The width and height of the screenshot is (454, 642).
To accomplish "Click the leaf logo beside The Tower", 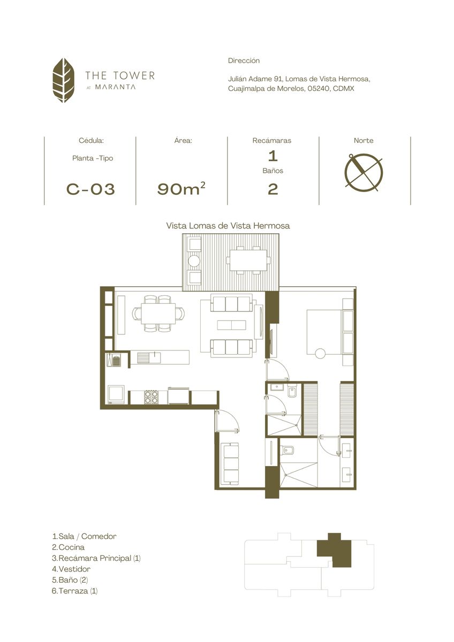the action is [x=63, y=80].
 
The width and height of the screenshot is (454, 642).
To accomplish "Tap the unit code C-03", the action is [x=90, y=189].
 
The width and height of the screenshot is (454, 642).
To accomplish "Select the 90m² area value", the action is [x=181, y=188].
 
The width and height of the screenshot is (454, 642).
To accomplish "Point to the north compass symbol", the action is [x=364, y=172].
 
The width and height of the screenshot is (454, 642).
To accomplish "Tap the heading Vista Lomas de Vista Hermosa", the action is [x=228, y=226].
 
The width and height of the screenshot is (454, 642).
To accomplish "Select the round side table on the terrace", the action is [x=194, y=261].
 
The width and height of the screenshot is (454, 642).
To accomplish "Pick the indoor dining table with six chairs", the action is [x=158, y=314].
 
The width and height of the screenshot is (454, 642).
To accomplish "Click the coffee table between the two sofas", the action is [x=231, y=325].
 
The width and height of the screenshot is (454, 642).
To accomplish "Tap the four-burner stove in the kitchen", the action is [x=151, y=397].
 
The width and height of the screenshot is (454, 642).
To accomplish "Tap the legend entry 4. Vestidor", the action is [x=71, y=568].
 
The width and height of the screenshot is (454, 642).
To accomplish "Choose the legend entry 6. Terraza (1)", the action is [x=74, y=590].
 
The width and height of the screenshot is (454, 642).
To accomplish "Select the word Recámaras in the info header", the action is [x=272, y=140].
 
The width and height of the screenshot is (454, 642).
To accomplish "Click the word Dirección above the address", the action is [x=244, y=60].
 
